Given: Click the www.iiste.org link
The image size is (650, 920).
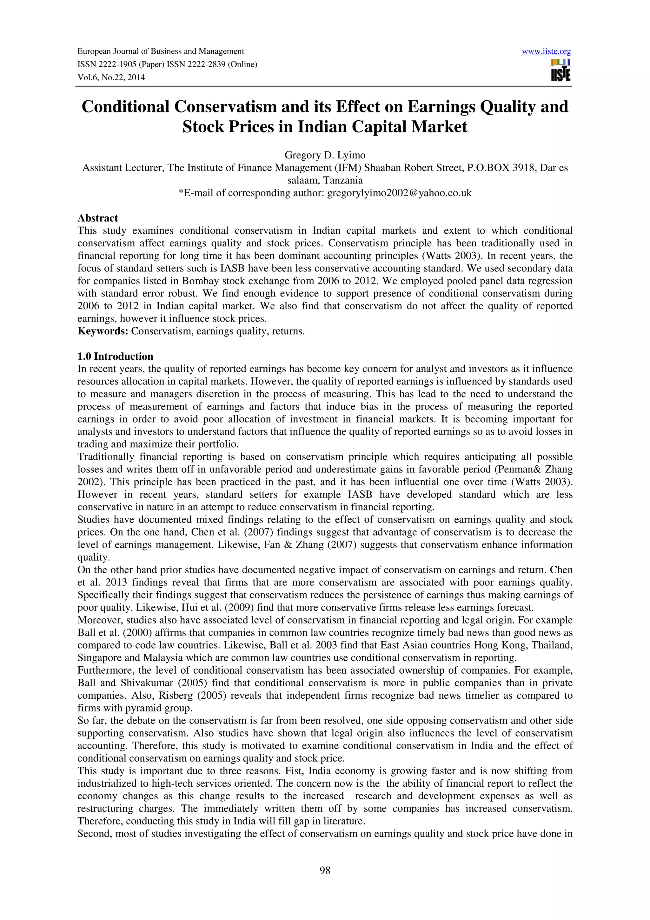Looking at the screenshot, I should pyautogui.click(x=546, y=51).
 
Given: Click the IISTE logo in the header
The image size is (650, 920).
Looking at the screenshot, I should pyautogui.click(x=561, y=70).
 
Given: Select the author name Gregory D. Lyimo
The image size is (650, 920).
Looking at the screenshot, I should pyautogui.click(x=325, y=155).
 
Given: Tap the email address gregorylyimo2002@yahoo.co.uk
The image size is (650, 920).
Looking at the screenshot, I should pyautogui.click(x=399, y=193).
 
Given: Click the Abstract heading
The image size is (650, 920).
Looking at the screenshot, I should pyautogui.click(x=98, y=218).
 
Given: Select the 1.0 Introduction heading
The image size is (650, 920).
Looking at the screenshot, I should pyautogui.click(x=115, y=356).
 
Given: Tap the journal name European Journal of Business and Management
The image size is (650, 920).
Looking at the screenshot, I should pyautogui.click(x=161, y=51).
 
